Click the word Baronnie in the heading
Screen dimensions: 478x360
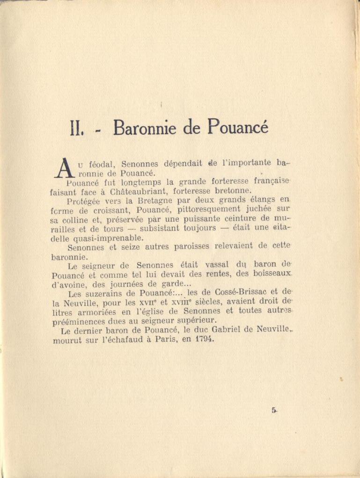[145, 127]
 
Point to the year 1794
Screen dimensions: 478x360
[205, 339]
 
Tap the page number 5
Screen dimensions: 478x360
[273, 410]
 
